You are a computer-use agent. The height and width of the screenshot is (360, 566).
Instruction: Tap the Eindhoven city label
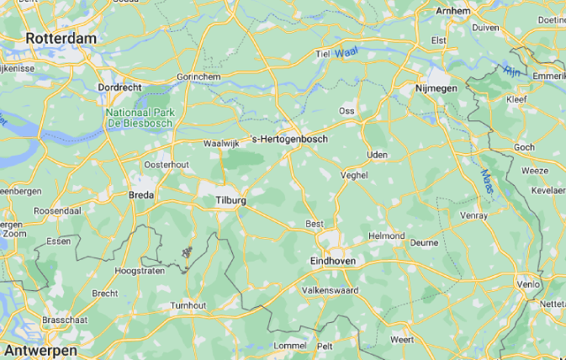[333, 262]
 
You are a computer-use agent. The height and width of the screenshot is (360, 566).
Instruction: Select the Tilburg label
[230, 201]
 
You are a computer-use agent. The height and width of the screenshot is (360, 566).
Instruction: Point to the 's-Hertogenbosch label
[289, 139]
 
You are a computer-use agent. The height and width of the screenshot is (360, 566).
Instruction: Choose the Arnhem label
[452, 11]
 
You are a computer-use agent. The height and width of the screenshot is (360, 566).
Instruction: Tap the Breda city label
[140, 195]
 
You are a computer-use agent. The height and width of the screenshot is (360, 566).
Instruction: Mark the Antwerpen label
[40, 349]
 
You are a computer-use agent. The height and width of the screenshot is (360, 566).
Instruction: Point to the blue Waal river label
[345, 53]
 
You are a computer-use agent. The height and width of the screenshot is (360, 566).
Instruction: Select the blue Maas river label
[487, 178]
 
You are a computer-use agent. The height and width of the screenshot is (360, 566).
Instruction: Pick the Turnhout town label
[188, 304]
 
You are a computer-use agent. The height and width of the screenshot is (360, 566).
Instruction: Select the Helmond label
[388, 236]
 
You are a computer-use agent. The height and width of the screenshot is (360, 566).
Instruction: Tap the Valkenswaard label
[330, 290]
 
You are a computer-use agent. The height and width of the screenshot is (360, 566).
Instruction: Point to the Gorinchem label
[198, 76]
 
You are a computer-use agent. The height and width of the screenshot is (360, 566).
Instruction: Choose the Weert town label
[402, 339]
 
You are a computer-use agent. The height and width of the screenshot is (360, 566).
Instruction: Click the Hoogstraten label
[140, 271]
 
